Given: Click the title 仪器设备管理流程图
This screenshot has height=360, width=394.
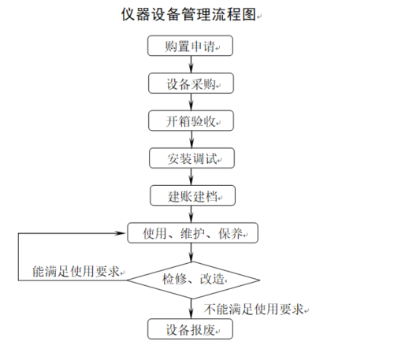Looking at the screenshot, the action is pos(188,14).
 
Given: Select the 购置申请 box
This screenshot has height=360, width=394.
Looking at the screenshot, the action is pos(190,46).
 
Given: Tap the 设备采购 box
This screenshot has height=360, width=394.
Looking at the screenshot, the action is pos(191,84).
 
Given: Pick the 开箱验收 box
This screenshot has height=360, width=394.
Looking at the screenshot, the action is pos(191,121).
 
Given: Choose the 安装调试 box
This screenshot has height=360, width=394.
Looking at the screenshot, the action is pos(191,158).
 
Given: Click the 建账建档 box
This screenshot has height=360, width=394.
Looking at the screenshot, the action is pos(192,195).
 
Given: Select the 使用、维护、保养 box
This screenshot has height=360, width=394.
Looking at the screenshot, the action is pos(192,233).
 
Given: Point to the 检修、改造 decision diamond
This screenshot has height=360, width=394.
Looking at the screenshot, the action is pos(193,280).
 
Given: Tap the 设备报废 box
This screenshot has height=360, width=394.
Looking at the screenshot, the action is pos(190,329).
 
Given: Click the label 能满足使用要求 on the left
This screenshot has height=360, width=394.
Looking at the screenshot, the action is pos(76,271).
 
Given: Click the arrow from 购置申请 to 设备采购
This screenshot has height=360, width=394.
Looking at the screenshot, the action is pos(191,65).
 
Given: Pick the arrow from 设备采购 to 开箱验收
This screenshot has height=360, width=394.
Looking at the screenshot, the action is pos(191,102).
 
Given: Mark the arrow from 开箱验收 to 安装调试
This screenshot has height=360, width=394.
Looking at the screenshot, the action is pos(191,139).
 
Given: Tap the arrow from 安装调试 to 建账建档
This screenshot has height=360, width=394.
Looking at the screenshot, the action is pos(191,176).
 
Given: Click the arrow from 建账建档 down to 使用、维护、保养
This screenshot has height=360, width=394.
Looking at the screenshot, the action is pos(191,214).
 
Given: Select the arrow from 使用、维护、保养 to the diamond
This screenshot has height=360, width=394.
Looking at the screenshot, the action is pos(191,252).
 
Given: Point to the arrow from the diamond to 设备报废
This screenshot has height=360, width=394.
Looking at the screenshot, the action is pos(191,309).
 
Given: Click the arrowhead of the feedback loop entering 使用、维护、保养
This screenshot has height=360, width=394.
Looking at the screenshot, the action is pos(121,233).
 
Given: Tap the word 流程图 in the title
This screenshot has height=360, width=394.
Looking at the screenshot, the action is pos(234,14).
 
